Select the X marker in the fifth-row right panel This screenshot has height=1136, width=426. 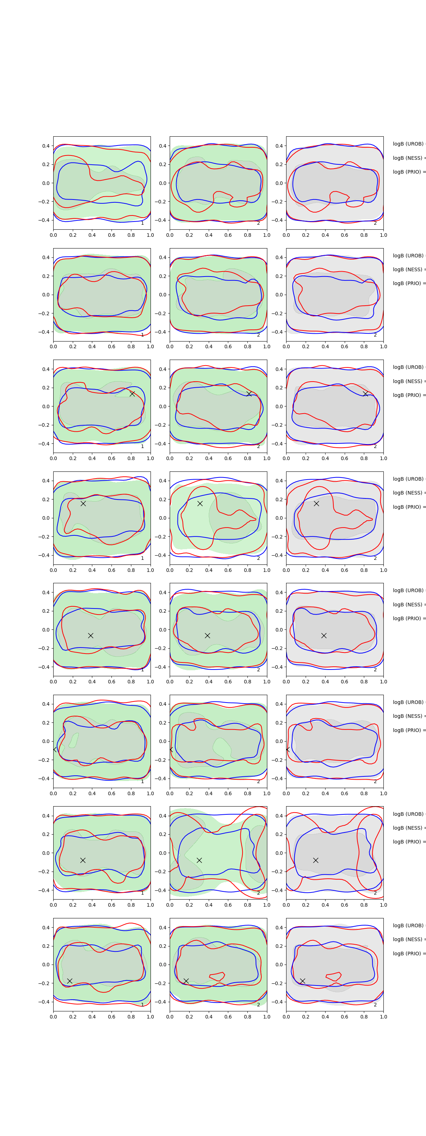click(324, 635)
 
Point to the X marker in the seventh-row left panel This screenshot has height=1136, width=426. click(82, 860)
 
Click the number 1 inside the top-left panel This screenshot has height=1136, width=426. click(142, 223)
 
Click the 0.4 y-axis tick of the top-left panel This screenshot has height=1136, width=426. click(46, 146)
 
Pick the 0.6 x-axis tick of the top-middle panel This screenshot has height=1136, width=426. click(228, 235)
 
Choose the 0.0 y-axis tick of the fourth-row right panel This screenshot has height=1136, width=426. click(279, 518)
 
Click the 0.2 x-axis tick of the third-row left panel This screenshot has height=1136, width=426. click(73, 458)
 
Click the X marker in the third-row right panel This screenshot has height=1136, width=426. click(365, 393)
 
